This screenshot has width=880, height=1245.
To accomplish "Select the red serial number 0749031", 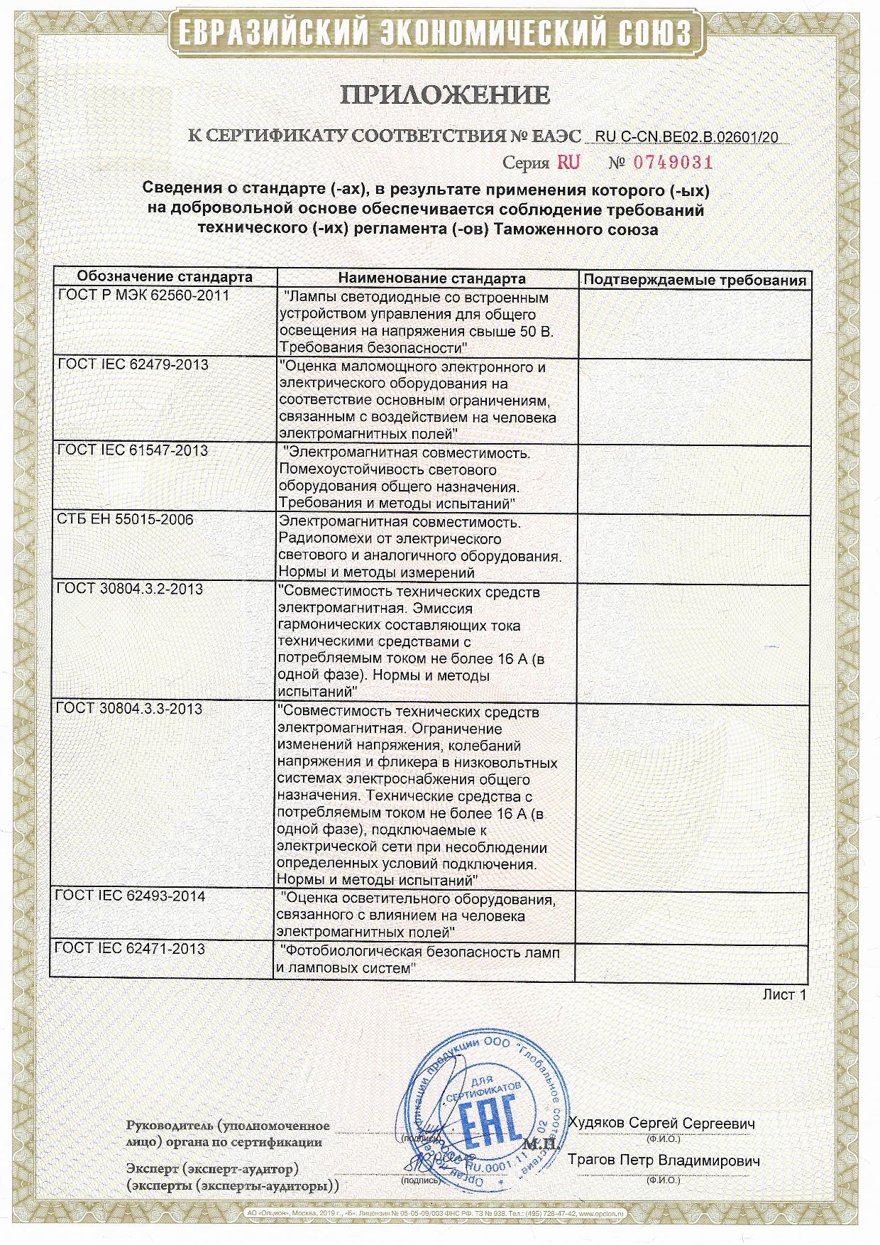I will [672, 163].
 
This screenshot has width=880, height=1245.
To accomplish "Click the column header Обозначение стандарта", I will [165, 277].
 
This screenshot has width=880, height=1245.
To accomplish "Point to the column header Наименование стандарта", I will [431, 278].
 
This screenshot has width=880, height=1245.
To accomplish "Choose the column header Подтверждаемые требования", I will [694, 280].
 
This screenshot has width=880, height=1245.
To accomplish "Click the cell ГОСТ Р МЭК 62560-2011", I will [143, 295].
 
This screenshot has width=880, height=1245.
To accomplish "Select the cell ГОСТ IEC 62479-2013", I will [133, 365].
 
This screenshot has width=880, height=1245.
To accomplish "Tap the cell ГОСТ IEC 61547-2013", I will [133, 451].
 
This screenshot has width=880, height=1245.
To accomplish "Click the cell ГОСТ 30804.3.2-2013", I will [130, 589].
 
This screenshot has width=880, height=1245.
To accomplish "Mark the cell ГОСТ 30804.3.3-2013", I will [130, 709].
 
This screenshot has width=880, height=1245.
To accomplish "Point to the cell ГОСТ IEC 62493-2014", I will [131, 896].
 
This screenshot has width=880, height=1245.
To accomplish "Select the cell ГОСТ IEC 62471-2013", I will [131, 949].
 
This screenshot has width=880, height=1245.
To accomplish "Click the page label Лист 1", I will [784, 995].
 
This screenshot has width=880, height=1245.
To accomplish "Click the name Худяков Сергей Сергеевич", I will [661, 1124].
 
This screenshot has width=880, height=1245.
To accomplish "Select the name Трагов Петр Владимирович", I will [664, 1161].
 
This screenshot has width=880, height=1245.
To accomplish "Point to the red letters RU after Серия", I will [568, 163].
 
